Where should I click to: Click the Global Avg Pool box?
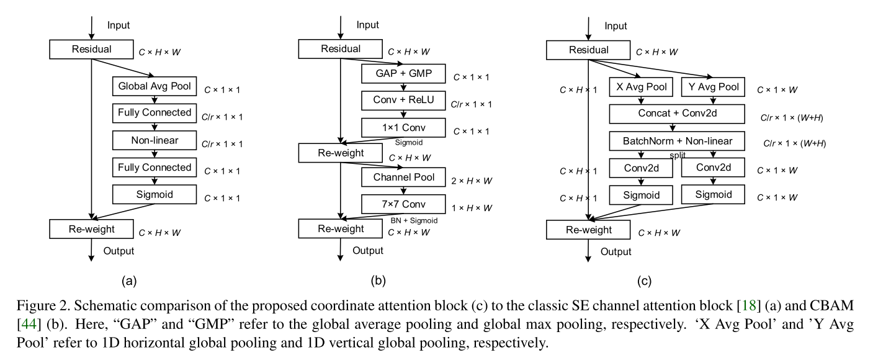coord(154,86)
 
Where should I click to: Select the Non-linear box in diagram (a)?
coord(154,140)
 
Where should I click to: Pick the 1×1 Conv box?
coord(403,128)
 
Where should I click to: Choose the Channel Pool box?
coord(403,178)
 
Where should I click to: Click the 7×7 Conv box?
coord(403,204)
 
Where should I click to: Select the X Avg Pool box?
coord(642,87)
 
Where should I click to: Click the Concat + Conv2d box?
coord(677,114)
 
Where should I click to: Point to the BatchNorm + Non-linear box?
coord(677,141)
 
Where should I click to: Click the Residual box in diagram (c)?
coord(588,50)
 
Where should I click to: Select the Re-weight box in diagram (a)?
coord(91,229)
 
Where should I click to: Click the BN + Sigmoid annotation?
coord(414,220)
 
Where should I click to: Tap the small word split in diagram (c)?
coord(678,155)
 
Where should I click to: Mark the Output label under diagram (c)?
coord(616,251)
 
